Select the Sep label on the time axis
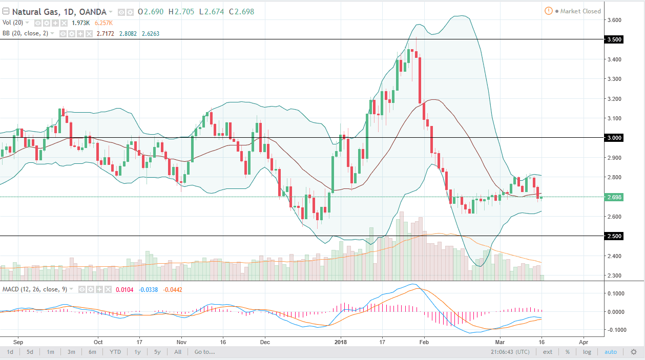pos(18,341)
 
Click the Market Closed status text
pos(580,11)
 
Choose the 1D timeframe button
pos(9,352)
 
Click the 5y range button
pos(157,352)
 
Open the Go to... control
pos(204,352)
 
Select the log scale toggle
pos(587,352)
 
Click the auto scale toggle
pos(611,352)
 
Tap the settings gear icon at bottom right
pos(634,352)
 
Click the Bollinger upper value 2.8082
pos(125,33)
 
